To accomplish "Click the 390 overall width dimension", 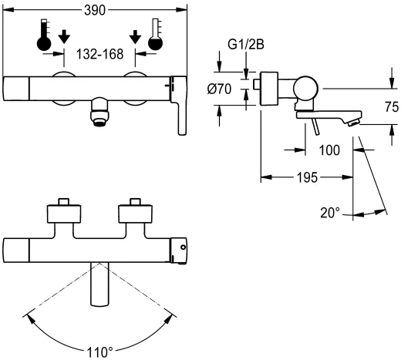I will [x=95, y=9].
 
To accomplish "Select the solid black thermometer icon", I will [x=43, y=36].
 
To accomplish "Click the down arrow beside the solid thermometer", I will [x=64, y=36].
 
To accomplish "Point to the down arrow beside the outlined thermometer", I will [x=136, y=36].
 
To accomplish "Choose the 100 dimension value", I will [x=328, y=150].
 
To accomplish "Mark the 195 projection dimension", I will [x=308, y=177].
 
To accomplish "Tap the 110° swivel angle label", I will [x=99, y=351].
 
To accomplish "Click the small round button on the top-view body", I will [x=182, y=247].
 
